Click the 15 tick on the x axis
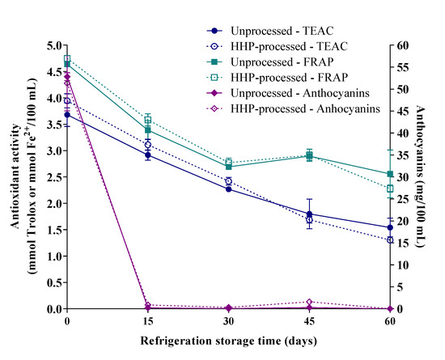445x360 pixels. pos(147,320)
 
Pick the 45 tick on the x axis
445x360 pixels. pos(309,320)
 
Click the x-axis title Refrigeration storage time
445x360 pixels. pos(228,341)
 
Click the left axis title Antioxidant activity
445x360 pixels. pos(14,178)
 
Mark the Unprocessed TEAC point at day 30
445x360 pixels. pos(228,188)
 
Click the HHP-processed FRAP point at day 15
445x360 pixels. pos(147,120)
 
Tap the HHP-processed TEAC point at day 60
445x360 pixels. pos(390,240)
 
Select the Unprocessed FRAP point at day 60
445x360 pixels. pos(390,174)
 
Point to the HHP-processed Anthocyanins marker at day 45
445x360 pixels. pos(309,302)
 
